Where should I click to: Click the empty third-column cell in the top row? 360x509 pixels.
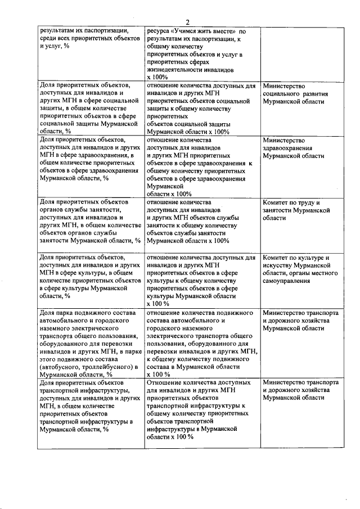(x=301, y=53)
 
